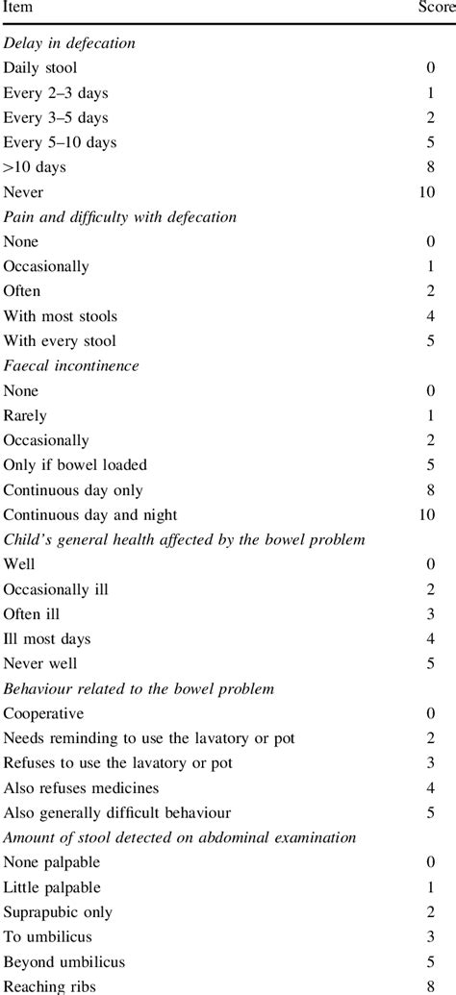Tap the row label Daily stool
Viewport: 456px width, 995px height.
point(40,67)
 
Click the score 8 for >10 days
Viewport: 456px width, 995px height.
point(430,167)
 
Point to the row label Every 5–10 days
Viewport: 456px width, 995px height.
point(60,142)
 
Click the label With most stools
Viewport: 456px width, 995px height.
point(61,316)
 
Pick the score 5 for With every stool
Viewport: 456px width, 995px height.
point(430,341)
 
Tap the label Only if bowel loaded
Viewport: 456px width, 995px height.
point(76,465)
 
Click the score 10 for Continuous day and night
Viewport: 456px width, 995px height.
point(426,515)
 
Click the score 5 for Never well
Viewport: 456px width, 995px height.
point(430,664)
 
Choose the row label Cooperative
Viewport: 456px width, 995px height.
point(44,714)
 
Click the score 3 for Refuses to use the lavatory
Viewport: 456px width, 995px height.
point(430,763)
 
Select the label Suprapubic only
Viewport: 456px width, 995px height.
point(59,912)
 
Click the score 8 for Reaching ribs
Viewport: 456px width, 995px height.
point(430,986)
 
